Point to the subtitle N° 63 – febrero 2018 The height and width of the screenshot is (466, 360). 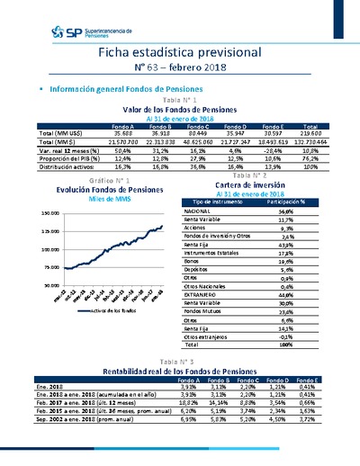click(180, 67)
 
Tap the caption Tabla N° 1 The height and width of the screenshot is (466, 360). click(180, 100)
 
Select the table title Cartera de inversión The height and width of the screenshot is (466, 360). click(252, 184)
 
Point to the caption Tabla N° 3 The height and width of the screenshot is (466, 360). click(180, 359)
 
